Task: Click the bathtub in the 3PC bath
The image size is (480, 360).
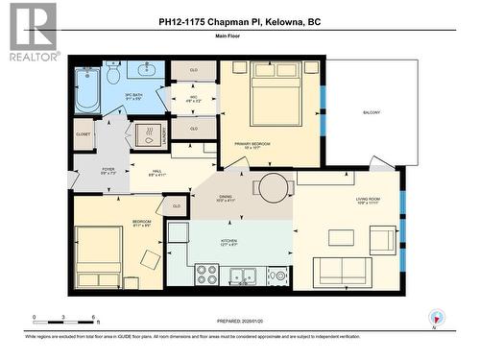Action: [86, 89]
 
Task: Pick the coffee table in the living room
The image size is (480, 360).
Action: [341, 237]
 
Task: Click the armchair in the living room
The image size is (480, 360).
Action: [382, 239]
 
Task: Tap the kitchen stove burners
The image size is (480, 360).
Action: [207, 275]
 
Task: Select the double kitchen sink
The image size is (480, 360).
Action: [243, 276]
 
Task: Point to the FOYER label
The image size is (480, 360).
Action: [108, 171]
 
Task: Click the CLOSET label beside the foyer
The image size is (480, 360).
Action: [84, 135]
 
